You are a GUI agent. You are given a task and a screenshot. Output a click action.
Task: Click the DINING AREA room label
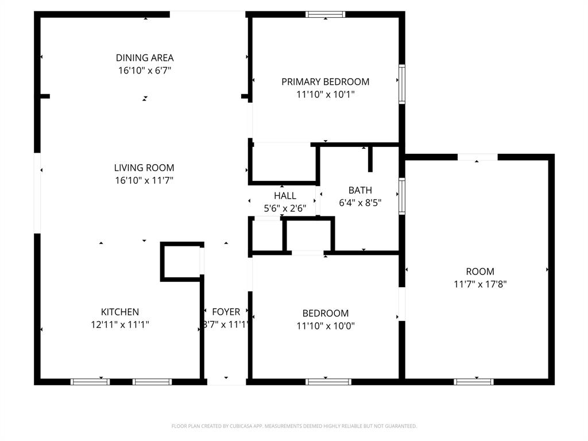tap(145, 57)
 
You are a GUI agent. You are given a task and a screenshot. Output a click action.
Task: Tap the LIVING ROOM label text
tap(144, 168)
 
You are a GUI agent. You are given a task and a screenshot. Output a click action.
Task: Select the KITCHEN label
tap(120, 312)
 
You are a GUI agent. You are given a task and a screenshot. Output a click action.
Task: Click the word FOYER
tap(226, 312)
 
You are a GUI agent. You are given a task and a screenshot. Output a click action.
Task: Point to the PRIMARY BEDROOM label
tap(325, 82)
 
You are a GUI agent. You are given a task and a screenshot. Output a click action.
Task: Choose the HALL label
tap(285, 196)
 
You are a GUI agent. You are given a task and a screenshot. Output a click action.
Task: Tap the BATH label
tap(360, 190)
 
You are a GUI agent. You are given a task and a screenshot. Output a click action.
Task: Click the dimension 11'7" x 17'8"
tap(480, 284)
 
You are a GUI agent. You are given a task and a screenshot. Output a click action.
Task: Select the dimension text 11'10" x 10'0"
tap(326, 326)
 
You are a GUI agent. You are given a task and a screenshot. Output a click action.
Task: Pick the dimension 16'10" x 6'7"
tap(145, 70)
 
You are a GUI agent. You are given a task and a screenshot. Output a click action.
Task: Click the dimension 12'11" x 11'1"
tap(120, 324)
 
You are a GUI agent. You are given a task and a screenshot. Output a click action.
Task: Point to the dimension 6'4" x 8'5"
tap(360, 203)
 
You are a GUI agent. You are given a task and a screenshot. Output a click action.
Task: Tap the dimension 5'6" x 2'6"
tap(285, 208)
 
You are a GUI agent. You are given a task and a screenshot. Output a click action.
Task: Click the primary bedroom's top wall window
tap(326, 14)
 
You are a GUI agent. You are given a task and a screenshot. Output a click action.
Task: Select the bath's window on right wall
tap(402, 195)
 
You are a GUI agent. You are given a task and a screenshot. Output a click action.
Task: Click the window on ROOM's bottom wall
tap(474, 381)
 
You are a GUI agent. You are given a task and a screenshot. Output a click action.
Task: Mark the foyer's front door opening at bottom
tap(226, 381)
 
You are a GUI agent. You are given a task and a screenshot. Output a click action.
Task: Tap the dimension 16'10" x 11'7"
tap(144, 180)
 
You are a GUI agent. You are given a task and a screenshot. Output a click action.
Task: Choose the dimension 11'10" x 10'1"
tap(325, 94)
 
